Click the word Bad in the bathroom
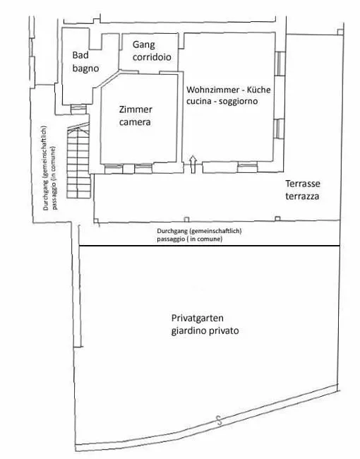point(80,55)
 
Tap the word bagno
point(85,68)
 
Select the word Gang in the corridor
point(143,44)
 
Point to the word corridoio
point(152,56)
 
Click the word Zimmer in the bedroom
point(136,109)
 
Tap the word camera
point(135,122)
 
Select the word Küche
point(259,89)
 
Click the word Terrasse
point(303,184)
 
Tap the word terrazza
point(302,196)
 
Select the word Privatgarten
point(198,318)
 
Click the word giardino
point(189,331)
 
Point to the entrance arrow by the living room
point(193,165)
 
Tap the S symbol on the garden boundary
point(219,421)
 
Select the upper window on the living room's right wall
point(280,64)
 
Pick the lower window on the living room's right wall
point(280,129)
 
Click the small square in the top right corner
point(340,32)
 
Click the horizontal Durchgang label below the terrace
point(199,234)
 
